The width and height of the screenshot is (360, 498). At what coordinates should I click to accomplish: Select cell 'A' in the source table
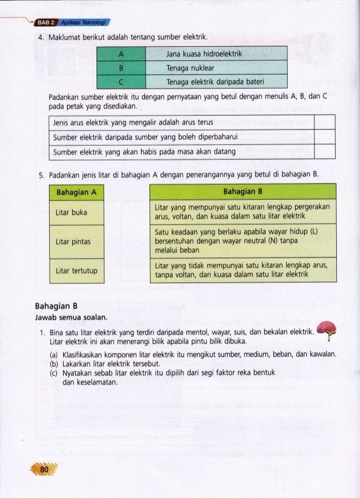[122, 54]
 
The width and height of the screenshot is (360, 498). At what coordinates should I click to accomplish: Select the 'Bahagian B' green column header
[243, 191]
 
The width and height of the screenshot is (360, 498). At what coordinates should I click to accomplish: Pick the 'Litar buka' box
[77, 212]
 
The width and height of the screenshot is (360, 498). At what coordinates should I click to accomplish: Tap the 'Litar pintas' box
[77, 242]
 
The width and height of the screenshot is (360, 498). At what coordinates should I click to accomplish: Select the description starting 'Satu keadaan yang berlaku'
[243, 241]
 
